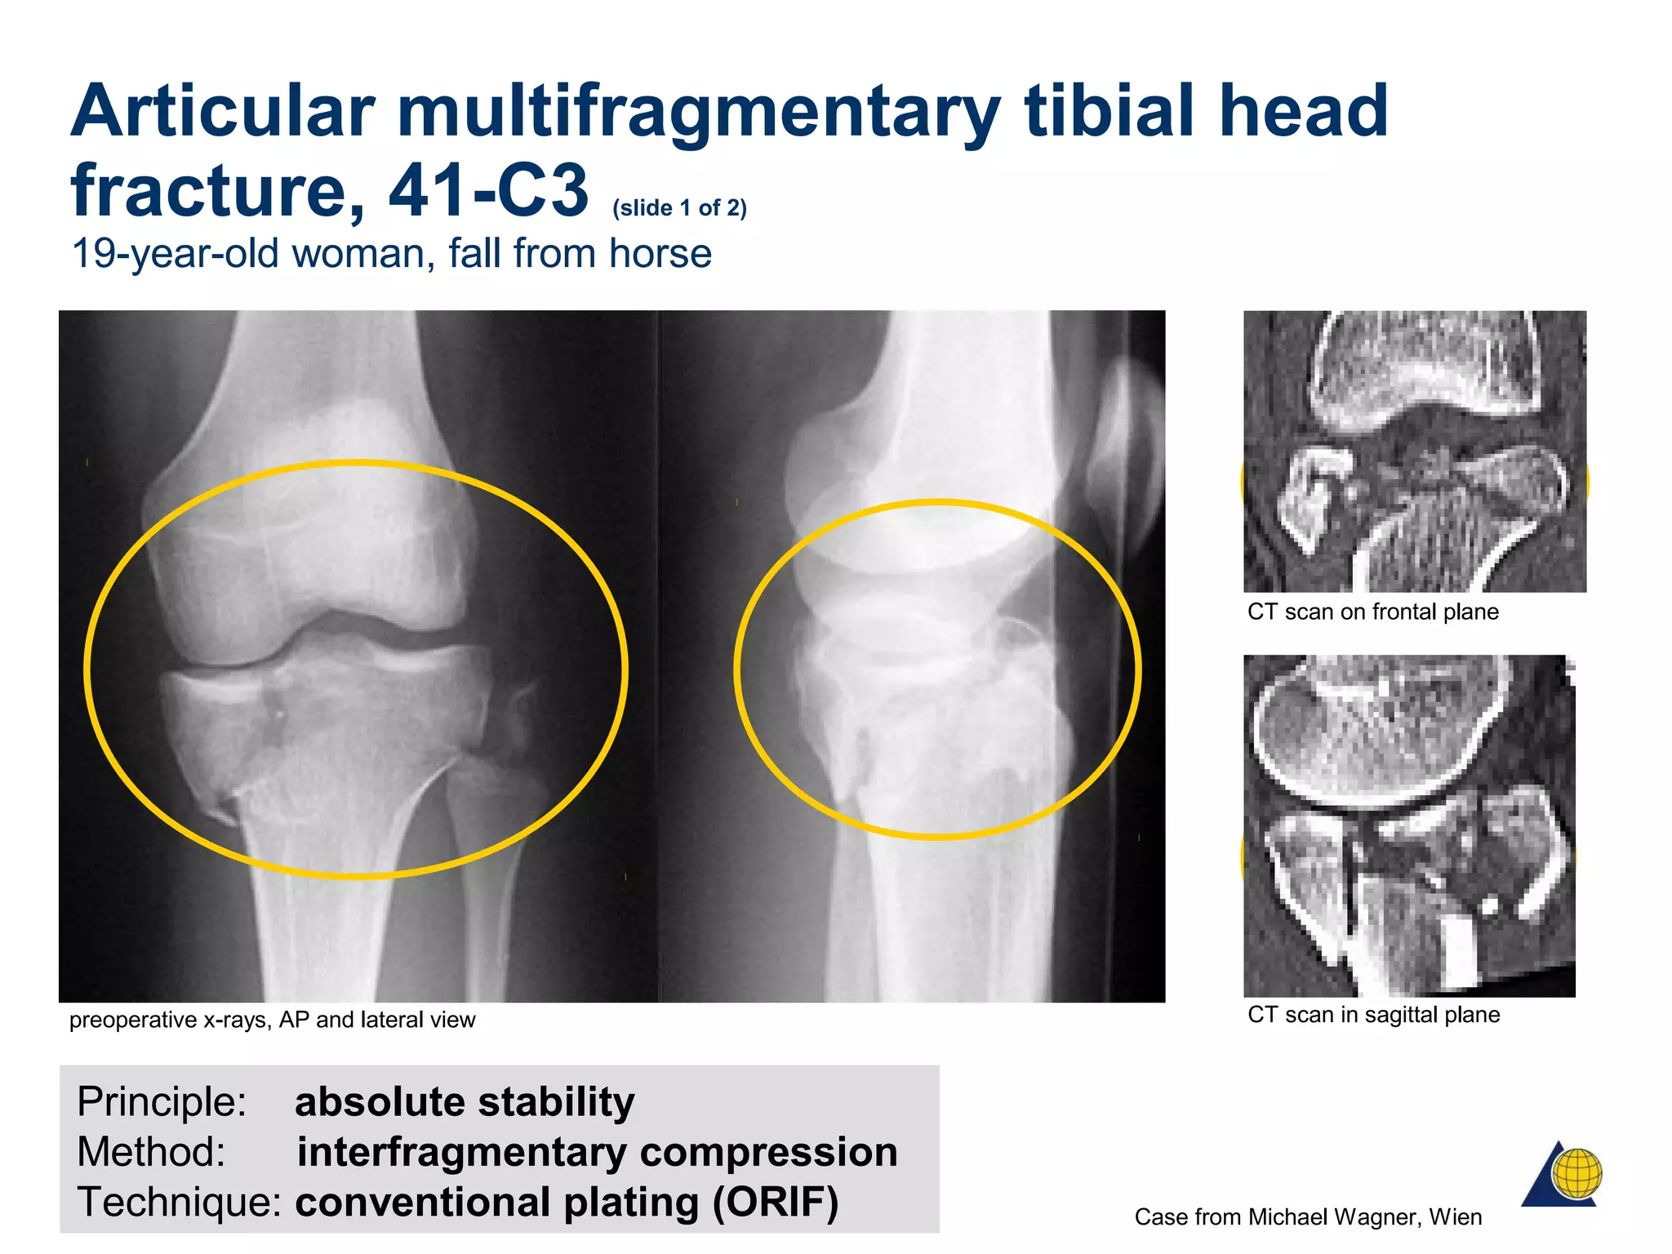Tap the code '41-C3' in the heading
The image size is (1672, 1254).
pyautogui.click(x=488, y=191)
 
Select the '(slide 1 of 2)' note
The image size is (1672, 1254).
pyautogui.click(x=679, y=208)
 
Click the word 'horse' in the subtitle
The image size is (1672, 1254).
pyautogui.click(x=660, y=254)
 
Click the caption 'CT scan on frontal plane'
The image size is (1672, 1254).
pyautogui.click(x=1372, y=611)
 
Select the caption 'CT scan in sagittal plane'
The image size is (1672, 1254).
pyautogui.click(x=1373, y=1015)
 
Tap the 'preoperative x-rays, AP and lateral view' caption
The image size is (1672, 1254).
pyautogui.click(x=272, y=1020)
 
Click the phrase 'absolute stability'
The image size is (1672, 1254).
pyautogui.click(x=465, y=1102)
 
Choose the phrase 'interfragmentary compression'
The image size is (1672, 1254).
pyautogui.click(x=597, y=1152)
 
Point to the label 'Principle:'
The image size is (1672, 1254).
pyautogui.click(x=162, y=1102)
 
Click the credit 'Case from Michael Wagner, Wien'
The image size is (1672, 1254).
pyautogui.click(x=1308, y=1217)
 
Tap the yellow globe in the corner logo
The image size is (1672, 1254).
pyautogui.click(x=1577, y=1173)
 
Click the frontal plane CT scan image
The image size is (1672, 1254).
pyautogui.click(x=1414, y=451)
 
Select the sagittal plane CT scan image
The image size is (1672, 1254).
pyautogui.click(x=1409, y=825)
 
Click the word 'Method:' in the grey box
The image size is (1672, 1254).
pyautogui.click(x=151, y=1152)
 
